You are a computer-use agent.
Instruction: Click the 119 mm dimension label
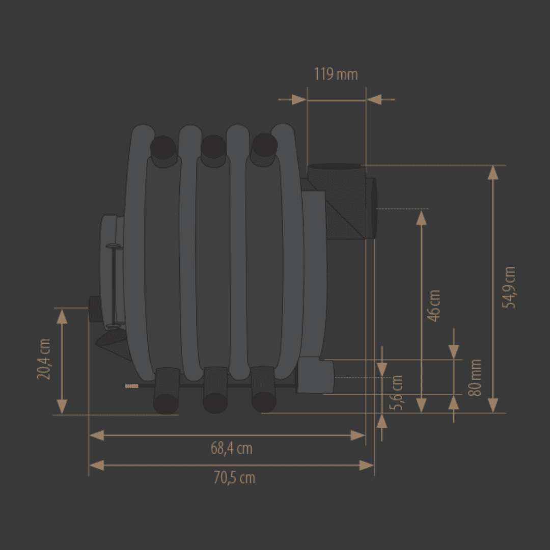coord(336,74)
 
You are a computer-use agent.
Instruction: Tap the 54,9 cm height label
coord(509,287)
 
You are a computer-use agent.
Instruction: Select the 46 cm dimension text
coord(434,306)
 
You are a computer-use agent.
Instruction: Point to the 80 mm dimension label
coord(475,377)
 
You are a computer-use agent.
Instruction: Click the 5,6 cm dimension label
coord(396,393)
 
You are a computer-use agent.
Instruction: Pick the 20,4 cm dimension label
coord(44,359)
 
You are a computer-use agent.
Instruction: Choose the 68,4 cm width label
coord(231,448)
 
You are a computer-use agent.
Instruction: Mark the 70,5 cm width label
coord(234,478)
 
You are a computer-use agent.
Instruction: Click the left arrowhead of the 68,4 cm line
coord(97,435)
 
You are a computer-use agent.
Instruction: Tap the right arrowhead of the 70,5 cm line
coord(367,465)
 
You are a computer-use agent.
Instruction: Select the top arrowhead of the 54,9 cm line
coord(493,173)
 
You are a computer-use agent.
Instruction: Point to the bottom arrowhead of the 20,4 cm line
coord(62,407)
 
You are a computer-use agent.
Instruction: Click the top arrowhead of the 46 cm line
coord(421,218)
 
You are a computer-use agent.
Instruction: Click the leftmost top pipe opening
coord(163,147)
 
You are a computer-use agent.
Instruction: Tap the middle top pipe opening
coord(213,147)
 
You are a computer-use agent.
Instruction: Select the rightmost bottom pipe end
coord(264,402)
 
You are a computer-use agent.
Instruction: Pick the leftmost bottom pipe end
coord(166,404)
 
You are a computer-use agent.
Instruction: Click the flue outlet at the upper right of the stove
coord(371,208)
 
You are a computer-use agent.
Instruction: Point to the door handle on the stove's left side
coord(114,286)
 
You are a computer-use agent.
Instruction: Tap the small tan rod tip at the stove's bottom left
coord(132,386)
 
